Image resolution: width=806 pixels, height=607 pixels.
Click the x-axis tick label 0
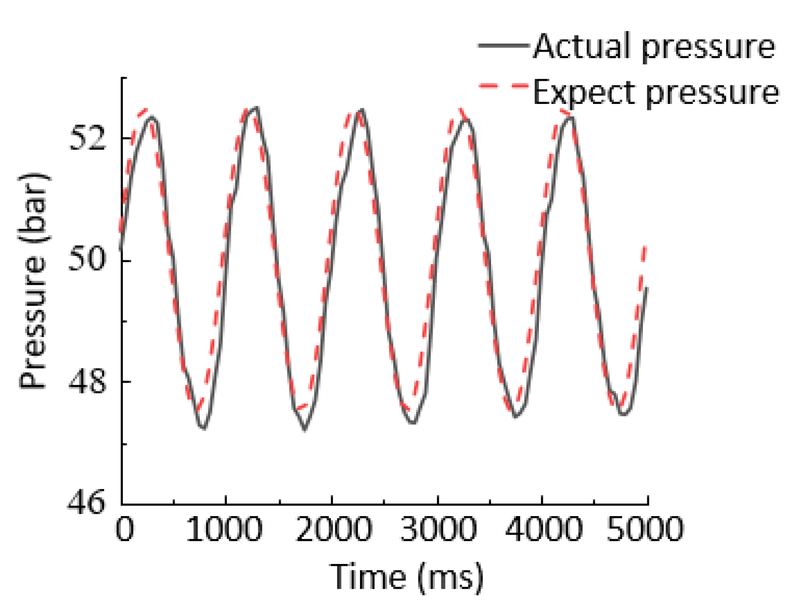[x=124, y=529]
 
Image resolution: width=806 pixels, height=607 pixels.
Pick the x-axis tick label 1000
[x=225, y=529]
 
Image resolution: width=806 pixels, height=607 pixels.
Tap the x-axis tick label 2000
[x=333, y=529]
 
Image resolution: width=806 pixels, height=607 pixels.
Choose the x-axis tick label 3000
[x=439, y=529]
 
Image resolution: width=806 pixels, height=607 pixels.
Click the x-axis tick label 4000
[x=543, y=529]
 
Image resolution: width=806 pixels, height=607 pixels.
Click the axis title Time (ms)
[x=406, y=577]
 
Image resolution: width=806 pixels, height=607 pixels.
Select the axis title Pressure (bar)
[x=34, y=281]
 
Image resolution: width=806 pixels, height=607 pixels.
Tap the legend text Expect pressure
[x=656, y=92]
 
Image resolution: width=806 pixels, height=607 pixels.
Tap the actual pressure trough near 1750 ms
[x=304, y=429]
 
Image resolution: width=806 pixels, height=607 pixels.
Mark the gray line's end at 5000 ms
[x=647, y=288]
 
